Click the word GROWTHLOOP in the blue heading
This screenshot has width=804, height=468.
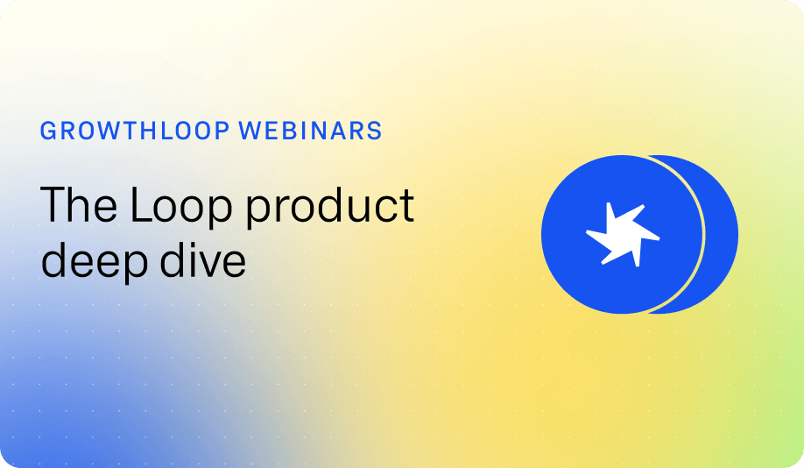pos(135,131)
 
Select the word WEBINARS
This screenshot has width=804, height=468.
pos(311,131)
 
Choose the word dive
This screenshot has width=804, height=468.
pos(203,259)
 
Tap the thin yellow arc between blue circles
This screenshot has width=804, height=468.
pos(702,234)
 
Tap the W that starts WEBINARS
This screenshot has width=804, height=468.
pos(250,131)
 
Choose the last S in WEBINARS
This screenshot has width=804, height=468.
pos(376,131)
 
